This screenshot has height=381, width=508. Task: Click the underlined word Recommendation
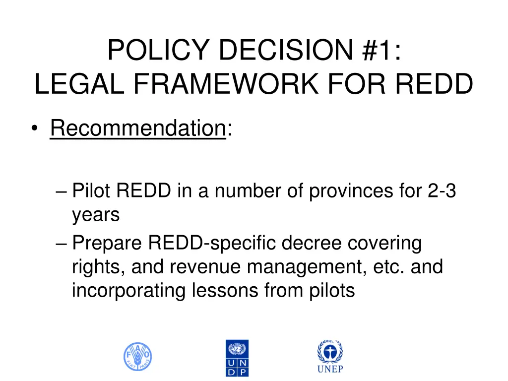click(138, 129)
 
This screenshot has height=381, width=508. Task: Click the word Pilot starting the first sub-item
click(89, 191)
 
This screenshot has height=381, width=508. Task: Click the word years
click(96, 215)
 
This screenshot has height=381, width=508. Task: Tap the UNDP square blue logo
click(237, 358)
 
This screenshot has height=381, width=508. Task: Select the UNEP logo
click(330, 357)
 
